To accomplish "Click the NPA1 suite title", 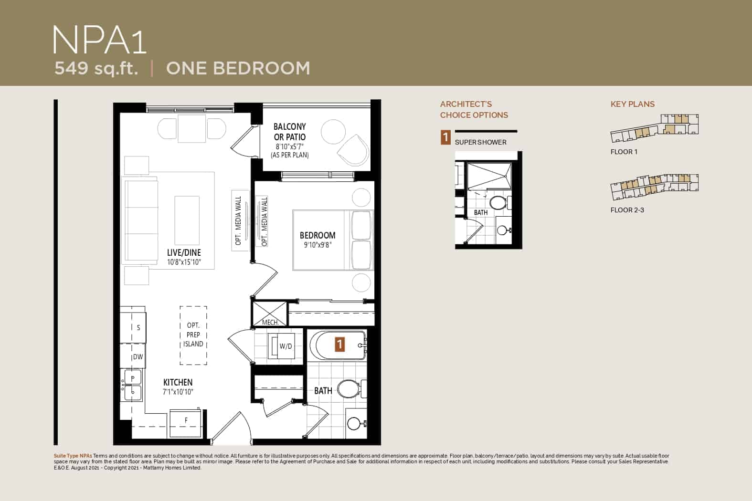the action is click(99, 40).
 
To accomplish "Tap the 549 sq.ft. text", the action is click(96, 68).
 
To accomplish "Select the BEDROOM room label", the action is click(318, 235).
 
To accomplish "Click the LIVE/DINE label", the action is click(184, 252).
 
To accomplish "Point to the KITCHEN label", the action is click(178, 382).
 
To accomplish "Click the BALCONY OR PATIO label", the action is click(290, 132).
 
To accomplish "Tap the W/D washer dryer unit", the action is click(281, 346).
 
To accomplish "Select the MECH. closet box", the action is click(270, 314).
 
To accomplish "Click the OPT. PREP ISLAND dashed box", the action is click(193, 335).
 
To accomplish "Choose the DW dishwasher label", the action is click(138, 357).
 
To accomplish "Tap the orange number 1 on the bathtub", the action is click(340, 344).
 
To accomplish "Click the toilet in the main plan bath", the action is click(352, 389).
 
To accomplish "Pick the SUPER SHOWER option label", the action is click(480, 142).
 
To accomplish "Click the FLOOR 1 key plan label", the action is click(624, 152).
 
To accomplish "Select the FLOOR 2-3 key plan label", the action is click(627, 210).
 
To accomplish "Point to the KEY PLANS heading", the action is click(633, 104).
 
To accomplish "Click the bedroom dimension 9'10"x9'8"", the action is click(318, 245).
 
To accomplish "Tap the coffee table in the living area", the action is click(187, 220).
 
